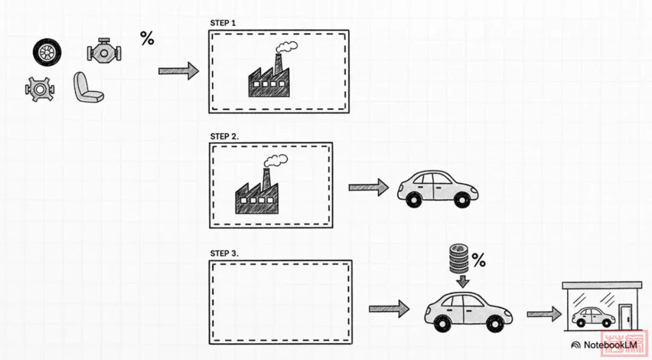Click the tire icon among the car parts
[47, 53]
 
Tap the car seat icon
[88, 88]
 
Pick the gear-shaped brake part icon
[40, 89]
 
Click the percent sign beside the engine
[147, 39]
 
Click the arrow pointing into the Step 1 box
[178, 71]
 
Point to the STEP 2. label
[225, 136]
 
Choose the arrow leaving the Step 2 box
[368, 187]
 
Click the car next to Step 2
[437, 188]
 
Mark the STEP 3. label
[225, 253]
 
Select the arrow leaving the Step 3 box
[389, 309]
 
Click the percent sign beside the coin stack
[479, 261]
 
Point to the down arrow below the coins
[462, 281]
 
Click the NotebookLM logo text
[610, 345]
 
